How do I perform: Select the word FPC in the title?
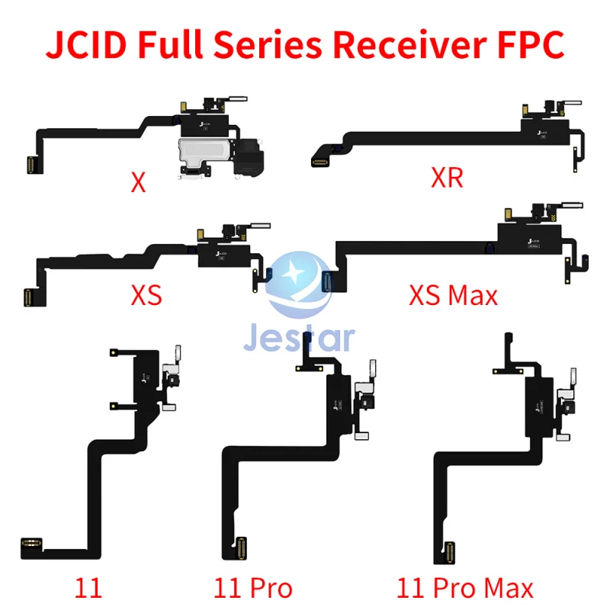(525, 44)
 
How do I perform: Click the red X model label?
(138, 184)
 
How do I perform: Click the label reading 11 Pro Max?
(465, 588)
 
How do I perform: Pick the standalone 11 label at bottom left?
(88, 588)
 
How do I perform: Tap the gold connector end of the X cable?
(31, 162)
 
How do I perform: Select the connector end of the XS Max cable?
(329, 283)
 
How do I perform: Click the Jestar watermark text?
(299, 335)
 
